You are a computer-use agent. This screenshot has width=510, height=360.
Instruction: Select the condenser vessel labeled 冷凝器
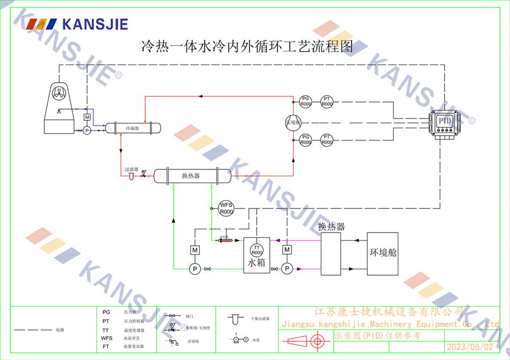point(132,128)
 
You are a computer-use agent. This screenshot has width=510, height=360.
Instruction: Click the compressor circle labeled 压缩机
point(293,122)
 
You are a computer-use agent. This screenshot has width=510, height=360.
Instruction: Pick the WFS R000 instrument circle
point(226,208)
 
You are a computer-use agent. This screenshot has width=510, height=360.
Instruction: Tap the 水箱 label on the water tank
point(257,264)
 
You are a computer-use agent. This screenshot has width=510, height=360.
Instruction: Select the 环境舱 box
point(382,253)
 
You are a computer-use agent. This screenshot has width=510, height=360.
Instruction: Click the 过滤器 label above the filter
point(132,169)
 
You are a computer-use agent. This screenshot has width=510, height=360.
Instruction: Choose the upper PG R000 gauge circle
point(305,101)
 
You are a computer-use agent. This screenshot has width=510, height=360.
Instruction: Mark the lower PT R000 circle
point(327,140)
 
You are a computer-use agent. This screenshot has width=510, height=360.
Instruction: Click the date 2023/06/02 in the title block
point(470,347)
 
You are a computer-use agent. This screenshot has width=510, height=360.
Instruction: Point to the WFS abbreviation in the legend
point(107,338)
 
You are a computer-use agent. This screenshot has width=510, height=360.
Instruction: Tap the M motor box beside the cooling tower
point(87,117)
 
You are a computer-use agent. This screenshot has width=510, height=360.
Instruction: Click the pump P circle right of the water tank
point(287,268)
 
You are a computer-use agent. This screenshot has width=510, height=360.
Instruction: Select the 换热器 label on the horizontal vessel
point(191,176)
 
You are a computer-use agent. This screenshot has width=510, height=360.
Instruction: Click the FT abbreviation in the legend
point(106,346)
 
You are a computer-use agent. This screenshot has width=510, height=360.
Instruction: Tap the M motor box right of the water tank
point(287,249)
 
